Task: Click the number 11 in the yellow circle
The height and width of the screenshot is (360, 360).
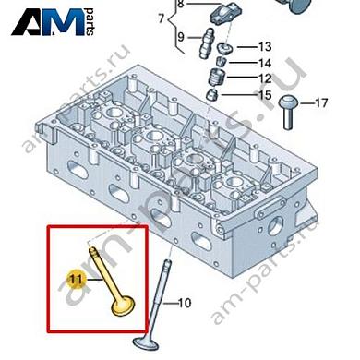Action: tap(76, 280)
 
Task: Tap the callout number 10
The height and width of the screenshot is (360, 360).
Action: tap(185, 303)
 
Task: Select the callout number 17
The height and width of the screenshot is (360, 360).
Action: tap(321, 102)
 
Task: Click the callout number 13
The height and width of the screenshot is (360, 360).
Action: tap(265, 47)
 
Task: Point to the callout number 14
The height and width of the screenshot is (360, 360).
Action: tap(265, 63)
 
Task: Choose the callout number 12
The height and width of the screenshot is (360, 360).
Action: tap(265, 78)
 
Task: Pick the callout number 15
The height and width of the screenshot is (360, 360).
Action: tap(265, 95)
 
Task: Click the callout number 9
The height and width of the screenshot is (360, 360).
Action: tap(181, 37)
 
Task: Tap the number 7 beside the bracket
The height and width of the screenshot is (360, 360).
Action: tap(162, 18)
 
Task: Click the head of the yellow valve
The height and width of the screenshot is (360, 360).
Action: tap(124, 306)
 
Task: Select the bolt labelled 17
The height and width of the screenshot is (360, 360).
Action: tap(289, 113)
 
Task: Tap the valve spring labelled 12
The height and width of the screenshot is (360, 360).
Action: tap(217, 78)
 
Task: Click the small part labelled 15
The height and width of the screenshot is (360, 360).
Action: tap(212, 94)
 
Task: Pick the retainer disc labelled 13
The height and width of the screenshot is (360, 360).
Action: tap(224, 49)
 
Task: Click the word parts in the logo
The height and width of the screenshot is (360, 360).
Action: tap(90, 21)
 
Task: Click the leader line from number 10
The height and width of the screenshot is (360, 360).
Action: tap(170, 304)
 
